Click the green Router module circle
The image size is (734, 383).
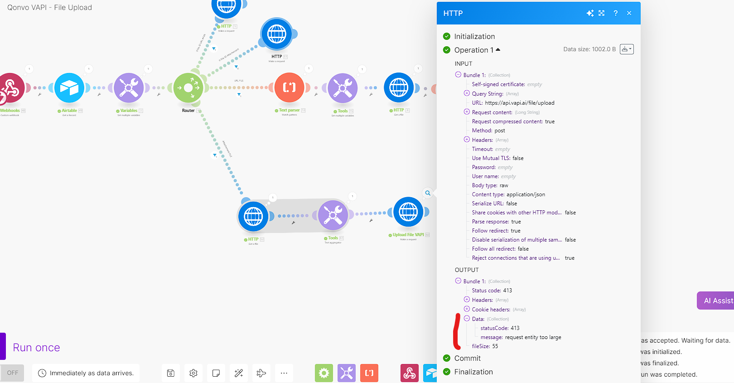(188, 87)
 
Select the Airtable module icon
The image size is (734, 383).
(69, 87)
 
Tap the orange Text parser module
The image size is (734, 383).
(289, 87)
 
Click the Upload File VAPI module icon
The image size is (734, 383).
(408, 212)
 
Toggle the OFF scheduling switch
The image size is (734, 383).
(12, 373)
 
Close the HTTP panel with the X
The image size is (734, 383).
(629, 13)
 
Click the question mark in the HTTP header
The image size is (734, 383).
(615, 13)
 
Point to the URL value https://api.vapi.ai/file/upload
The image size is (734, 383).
(520, 103)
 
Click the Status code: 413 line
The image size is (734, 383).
(492, 291)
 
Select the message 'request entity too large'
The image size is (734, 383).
(533, 337)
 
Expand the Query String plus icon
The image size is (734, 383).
(467, 93)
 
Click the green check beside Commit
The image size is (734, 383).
(447, 358)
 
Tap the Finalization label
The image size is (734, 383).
(473, 372)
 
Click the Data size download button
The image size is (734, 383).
(626, 49)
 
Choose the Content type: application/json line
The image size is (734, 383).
(508, 194)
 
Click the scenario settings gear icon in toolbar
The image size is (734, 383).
(193, 373)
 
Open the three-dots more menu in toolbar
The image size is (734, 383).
(284, 373)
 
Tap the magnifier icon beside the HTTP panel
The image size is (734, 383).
(428, 193)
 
